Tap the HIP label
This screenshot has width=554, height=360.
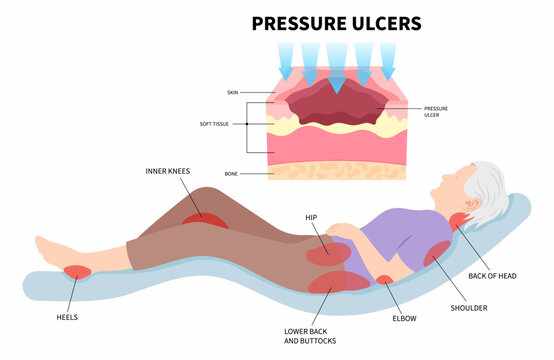click(312, 217)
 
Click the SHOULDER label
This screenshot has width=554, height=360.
click(469, 308)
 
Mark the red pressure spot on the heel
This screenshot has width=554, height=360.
click(76, 270)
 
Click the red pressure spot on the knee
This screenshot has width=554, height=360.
click(204, 218)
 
